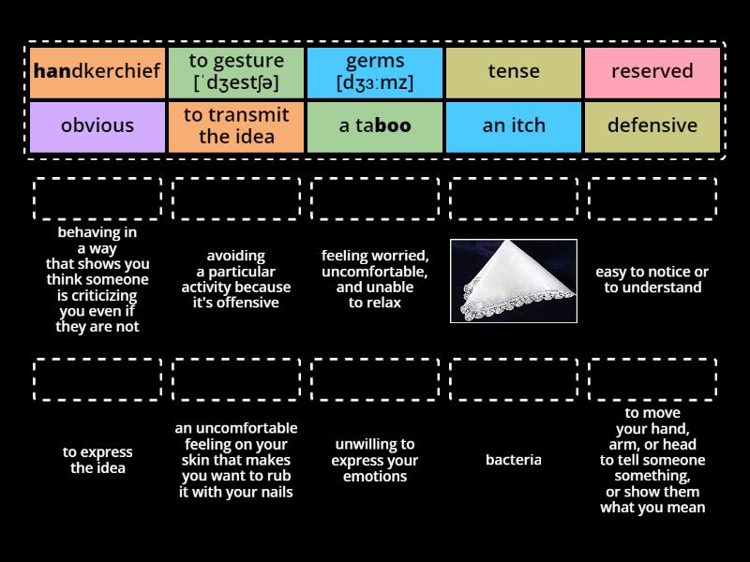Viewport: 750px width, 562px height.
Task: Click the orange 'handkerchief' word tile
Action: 97,72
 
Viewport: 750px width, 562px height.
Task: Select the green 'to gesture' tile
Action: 236,72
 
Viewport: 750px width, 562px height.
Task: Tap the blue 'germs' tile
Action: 375,72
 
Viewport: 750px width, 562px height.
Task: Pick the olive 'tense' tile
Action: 514,72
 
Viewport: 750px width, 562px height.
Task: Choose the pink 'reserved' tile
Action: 652,72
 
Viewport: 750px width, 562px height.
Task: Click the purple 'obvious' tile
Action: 97,126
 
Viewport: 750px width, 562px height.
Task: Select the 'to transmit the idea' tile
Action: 236,126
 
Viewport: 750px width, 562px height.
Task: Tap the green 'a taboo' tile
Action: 375,126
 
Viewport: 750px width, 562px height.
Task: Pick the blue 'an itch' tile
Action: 514,126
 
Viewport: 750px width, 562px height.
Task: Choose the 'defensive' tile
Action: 652,126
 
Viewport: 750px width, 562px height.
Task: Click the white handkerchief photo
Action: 514,280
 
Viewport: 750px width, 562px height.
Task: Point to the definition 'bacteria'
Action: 514,460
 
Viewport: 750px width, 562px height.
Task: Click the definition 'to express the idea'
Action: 97,460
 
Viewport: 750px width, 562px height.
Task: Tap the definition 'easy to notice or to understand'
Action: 652,279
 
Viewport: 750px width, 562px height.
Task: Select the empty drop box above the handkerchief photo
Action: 514,199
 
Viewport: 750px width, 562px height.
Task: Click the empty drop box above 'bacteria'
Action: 514,379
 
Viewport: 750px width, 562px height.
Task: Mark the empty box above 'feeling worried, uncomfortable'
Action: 375,199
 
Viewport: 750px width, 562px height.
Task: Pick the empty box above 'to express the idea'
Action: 97,379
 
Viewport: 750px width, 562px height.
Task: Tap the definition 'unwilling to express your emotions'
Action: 375,460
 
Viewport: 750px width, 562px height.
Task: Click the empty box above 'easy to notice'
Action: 652,199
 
